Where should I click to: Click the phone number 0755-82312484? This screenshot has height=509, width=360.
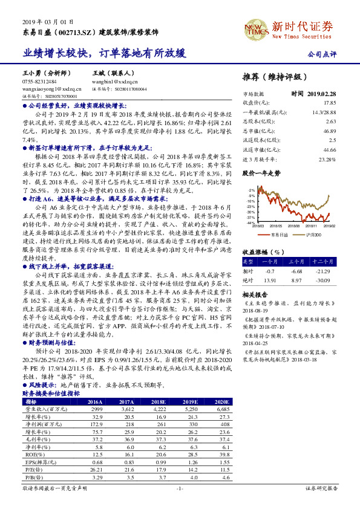coord(40,82)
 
